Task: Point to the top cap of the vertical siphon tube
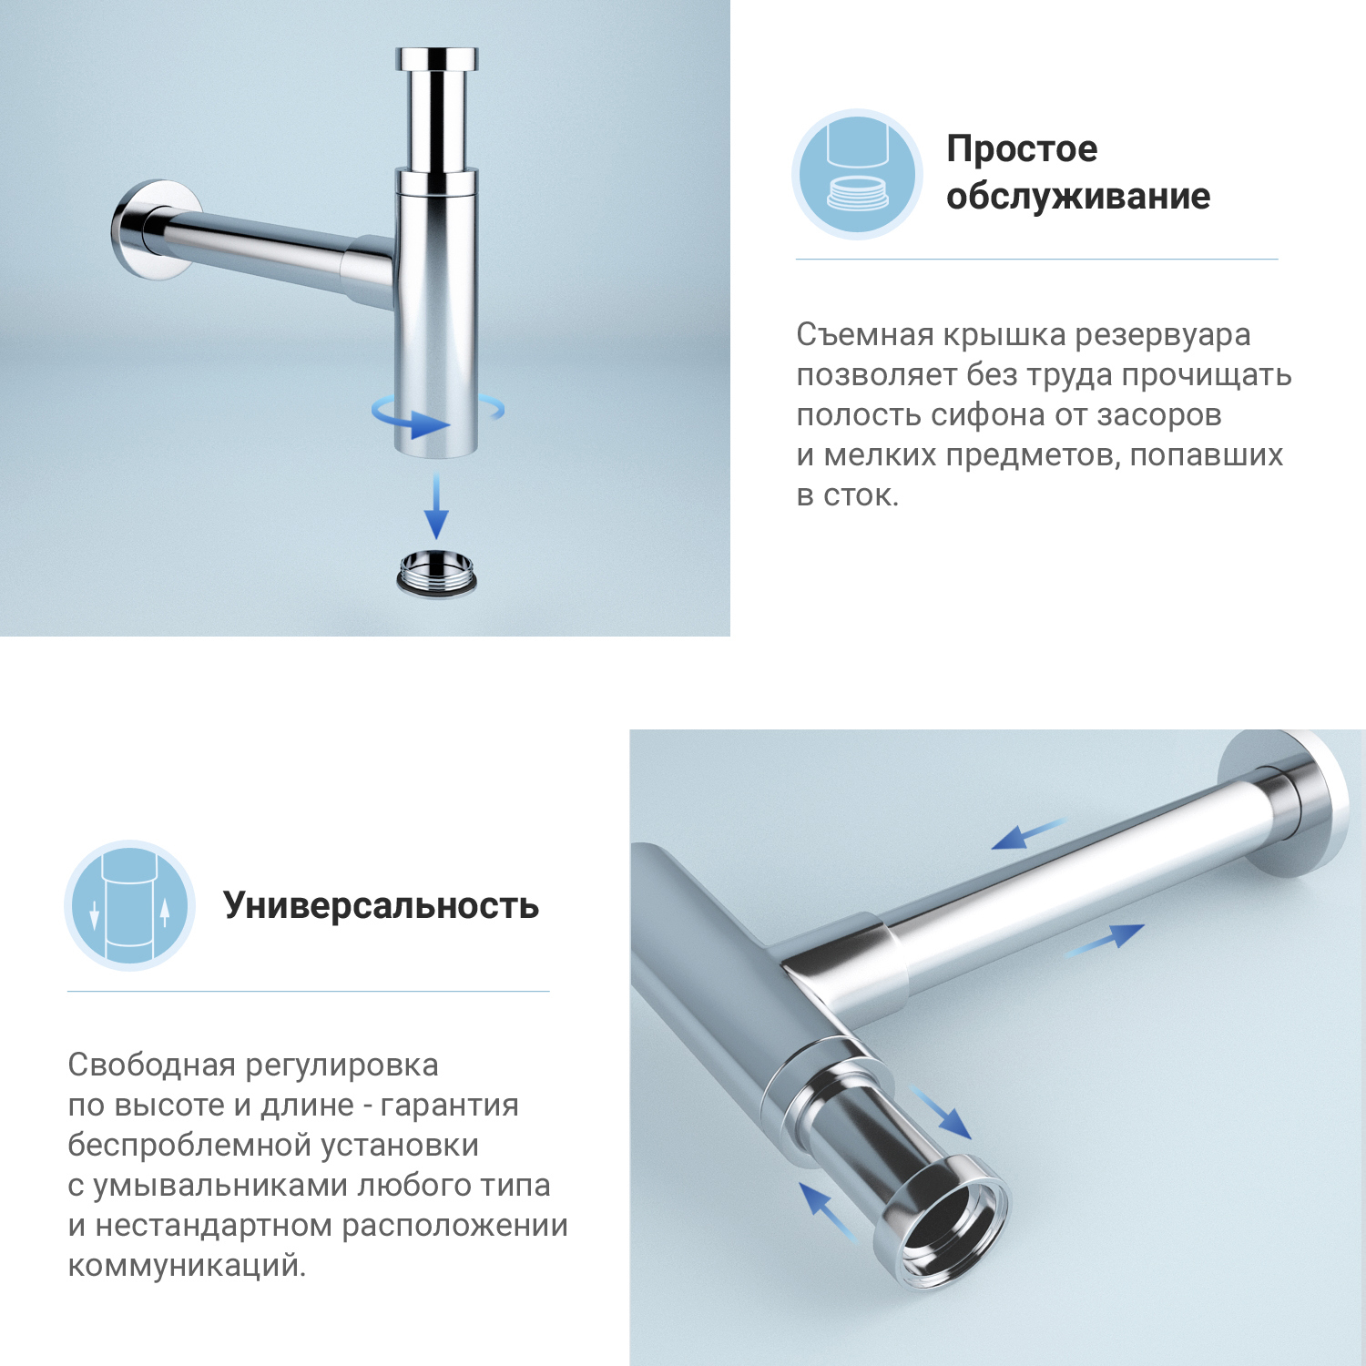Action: coord(437,60)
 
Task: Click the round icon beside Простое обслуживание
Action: coord(857,175)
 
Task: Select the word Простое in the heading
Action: coord(1022,148)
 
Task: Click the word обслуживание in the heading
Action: coord(1078,196)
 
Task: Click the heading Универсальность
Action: coord(381,905)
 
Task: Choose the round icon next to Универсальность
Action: coord(129,905)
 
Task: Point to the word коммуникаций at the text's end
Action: coord(186,1265)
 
